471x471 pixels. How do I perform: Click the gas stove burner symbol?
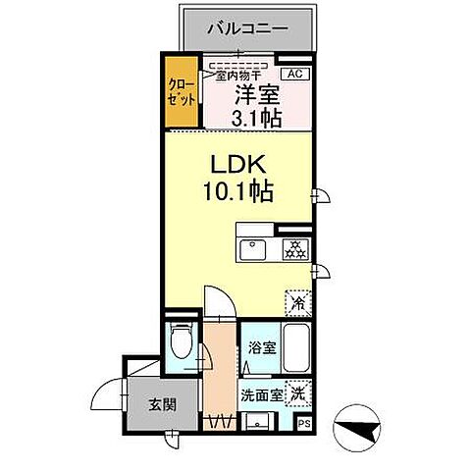click(293, 249)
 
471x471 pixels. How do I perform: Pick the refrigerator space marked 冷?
click(296, 304)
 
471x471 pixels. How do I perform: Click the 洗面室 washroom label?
click(260, 396)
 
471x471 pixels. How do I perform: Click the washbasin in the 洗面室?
click(258, 423)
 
